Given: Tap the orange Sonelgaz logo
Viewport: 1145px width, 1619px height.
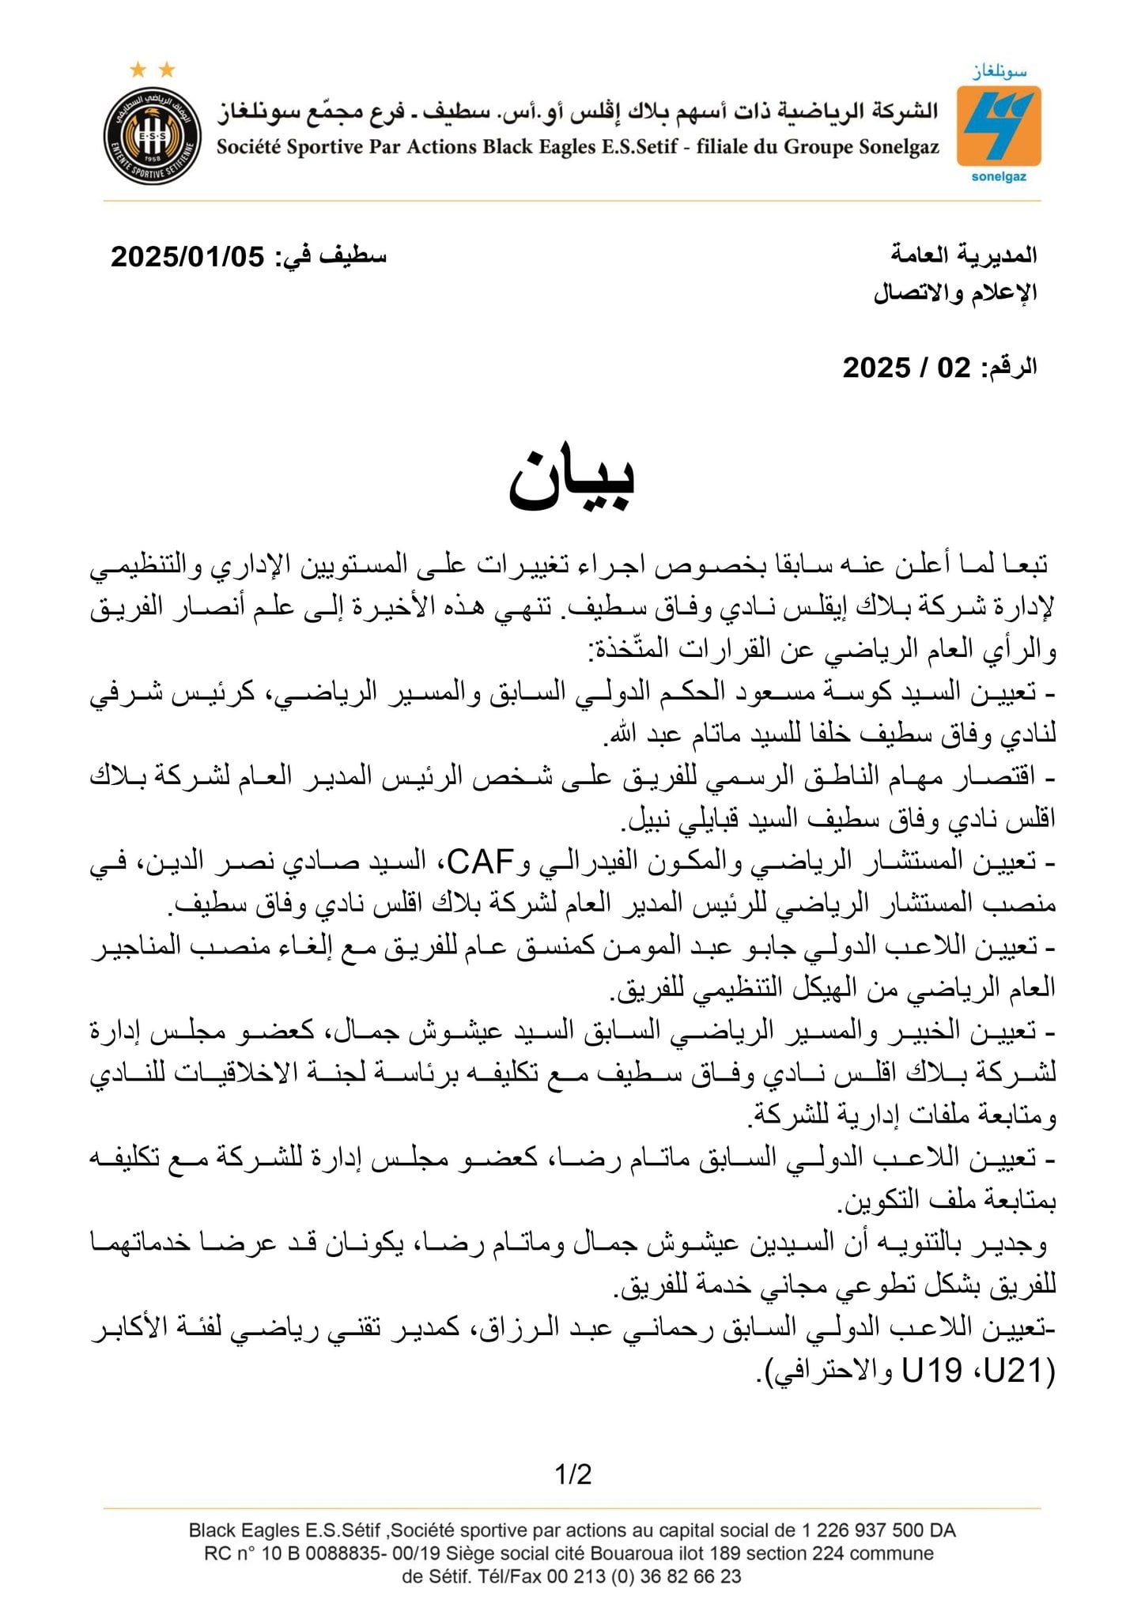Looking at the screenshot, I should [x=998, y=126].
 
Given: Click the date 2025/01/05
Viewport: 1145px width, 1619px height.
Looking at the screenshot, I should [x=187, y=257].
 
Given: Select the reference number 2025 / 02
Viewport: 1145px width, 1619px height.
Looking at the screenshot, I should [x=906, y=368].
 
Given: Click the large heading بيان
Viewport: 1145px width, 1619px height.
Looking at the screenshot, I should [x=571, y=480].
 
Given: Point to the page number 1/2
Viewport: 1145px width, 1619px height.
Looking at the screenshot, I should [x=573, y=1474].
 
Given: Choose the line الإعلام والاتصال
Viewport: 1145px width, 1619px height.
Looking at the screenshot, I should [x=955, y=292].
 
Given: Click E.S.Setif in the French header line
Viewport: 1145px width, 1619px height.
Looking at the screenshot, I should [x=633, y=147].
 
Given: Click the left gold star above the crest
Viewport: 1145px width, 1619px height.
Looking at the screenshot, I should [x=138, y=70].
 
